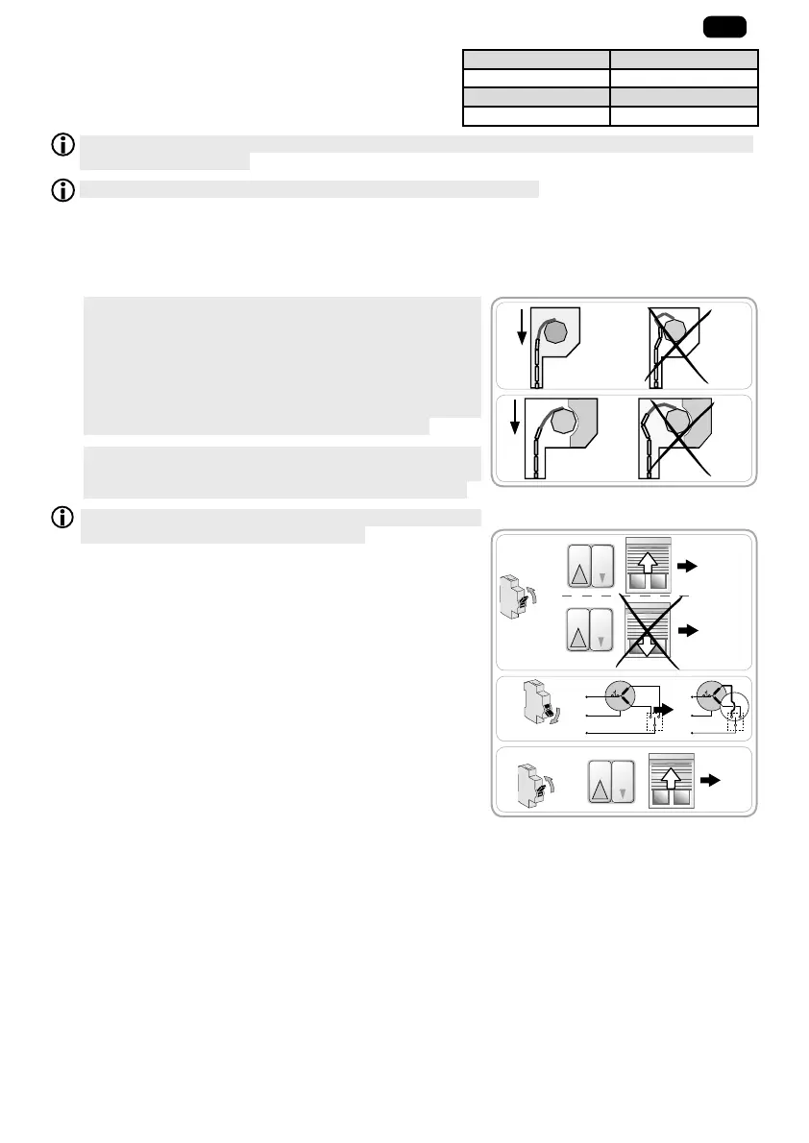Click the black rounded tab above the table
pyautogui.click(x=723, y=27)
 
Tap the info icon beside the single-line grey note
pyautogui.click(x=62, y=190)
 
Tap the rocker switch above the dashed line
pyautogui.click(x=590, y=568)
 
